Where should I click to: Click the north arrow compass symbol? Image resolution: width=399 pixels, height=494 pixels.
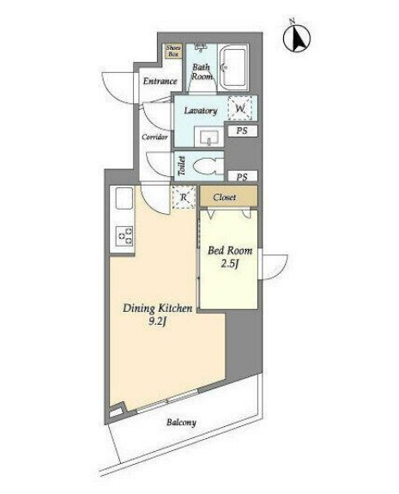click(296, 37)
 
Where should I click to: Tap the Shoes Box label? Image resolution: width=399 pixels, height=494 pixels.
click(173, 51)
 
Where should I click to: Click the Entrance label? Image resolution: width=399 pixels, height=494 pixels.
click(160, 82)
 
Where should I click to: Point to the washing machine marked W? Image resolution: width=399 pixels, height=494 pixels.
click(240, 108)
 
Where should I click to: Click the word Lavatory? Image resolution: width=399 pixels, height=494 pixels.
click(201, 111)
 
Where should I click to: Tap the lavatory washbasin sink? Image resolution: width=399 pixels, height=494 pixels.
click(209, 137)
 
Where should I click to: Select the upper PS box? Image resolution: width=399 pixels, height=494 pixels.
click(242, 131)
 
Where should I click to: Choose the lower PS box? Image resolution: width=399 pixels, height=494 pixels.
click(242, 176)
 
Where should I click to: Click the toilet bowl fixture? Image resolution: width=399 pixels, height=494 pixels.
click(208, 166)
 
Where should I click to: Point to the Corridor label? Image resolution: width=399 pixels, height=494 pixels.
click(154, 137)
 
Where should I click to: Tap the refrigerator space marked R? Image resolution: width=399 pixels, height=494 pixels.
click(184, 198)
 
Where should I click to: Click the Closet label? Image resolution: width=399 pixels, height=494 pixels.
click(224, 198)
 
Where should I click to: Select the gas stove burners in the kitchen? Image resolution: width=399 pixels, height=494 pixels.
click(124, 236)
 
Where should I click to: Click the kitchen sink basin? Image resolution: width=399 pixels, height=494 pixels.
click(124, 198)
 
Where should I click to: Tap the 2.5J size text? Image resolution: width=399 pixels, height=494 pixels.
click(229, 264)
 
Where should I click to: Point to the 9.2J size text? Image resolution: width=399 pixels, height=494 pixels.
click(157, 322)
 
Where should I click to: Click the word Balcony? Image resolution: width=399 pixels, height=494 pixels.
click(181, 423)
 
